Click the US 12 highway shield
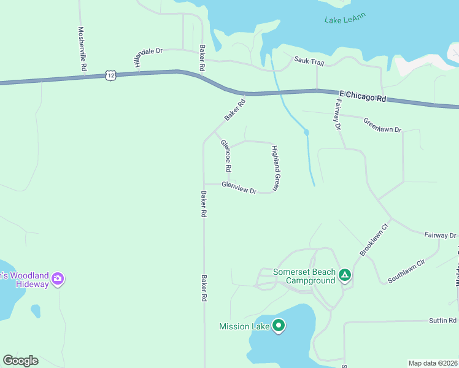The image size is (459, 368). tap(110, 75)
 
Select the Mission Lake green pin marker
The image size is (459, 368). tap(279, 325)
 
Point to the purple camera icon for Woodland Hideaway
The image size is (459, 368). tap(57, 279)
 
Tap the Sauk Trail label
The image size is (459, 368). tap(309, 60)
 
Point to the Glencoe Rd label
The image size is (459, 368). tap(226, 155)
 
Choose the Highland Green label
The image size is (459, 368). tap(276, 169)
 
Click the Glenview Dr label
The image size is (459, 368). tap(239, 187)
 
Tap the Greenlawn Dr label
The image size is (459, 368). tap(382, 125)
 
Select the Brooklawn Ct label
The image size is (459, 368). tap(374, 240)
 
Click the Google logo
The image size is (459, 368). tap(20, 361)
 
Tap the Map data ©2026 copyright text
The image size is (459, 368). tap(432, 363)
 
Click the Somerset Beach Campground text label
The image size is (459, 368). tap(305, 276)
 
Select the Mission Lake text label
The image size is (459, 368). tap(244, 326)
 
